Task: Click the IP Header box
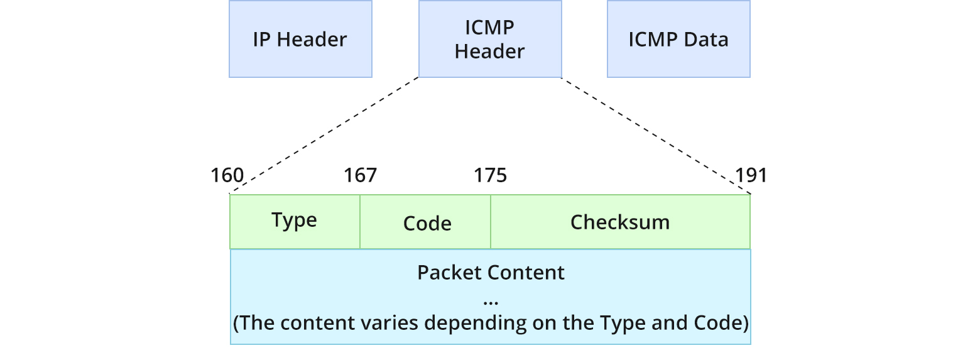tap(300, 39)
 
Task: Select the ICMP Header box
tap(489, 39)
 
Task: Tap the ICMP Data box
tap(678, 39)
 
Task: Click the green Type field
tap(295, 221)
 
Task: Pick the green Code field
tap(427, 223)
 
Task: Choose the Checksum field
tap(620, 222)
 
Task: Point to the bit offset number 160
tap(227, 175)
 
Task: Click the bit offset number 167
tap(360, 175)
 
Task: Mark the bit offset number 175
tap(490, 175)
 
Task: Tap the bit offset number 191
tap(751, 175)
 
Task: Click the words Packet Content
tap(491, 273)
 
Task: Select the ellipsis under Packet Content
tap(491, 302)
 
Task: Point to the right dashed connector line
tap(655, 135)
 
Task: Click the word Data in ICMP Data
tap(705, 39)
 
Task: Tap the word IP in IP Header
tap(262, 39)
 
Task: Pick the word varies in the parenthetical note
tap(386, 323)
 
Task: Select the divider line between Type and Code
tap(360, 222)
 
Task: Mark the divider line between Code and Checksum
tap(491, 222)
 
